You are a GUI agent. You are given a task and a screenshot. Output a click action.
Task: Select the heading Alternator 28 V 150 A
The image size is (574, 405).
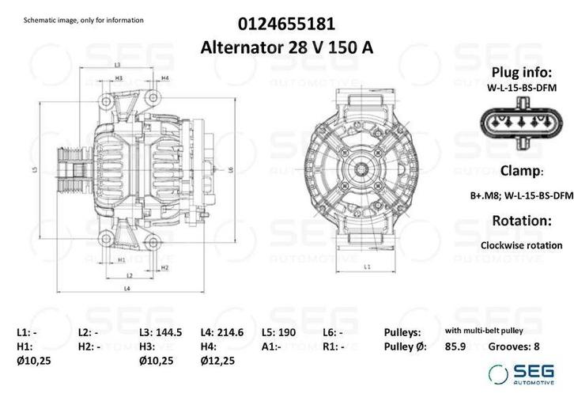click(286, 47)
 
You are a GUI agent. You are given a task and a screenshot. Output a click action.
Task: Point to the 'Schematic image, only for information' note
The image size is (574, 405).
click(84, 20)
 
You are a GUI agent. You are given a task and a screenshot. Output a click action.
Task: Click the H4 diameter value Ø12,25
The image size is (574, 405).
click(217, 361)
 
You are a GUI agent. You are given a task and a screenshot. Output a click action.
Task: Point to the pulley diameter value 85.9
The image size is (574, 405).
click(455, 346)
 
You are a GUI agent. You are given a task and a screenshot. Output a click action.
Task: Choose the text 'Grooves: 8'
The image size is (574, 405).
click(515, 346)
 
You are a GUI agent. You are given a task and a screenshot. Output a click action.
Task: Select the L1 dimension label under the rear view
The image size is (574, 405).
click(368, 267)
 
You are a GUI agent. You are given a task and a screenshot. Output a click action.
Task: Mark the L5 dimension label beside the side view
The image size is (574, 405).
click(36, 169)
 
